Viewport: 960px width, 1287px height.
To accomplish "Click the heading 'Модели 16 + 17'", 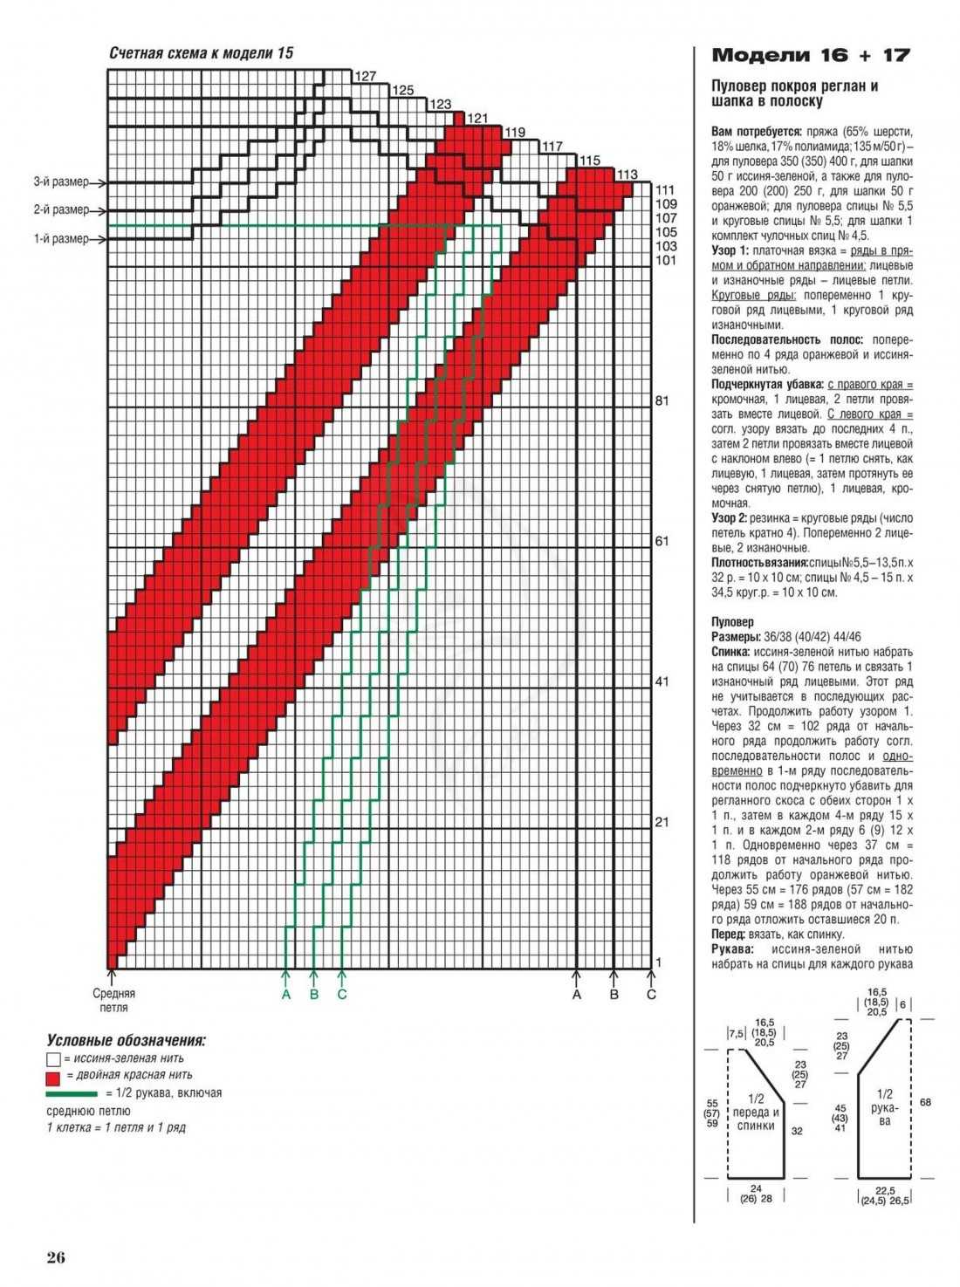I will pos(811,56).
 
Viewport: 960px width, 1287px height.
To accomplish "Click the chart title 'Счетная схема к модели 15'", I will pos(201,53).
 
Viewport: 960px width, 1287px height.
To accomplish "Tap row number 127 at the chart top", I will pos(365,76).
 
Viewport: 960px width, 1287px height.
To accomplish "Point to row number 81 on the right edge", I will pos(662,400).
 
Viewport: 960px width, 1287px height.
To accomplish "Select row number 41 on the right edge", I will pos(662,681).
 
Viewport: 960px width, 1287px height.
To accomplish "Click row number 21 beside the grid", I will pos(662,822).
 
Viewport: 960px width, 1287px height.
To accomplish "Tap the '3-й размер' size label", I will pos(61,182).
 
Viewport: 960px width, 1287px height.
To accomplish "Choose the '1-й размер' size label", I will pos(61,239).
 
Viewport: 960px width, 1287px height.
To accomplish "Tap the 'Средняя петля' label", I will pos(113,1000).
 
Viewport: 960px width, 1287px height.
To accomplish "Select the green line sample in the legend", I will pos(72,1093).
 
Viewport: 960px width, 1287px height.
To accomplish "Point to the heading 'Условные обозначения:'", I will pos(126,1041).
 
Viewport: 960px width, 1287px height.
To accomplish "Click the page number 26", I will pos(56,1257).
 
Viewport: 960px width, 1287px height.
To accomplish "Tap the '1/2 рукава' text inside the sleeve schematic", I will pos(885,1107).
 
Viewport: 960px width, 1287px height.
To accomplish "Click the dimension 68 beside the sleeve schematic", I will pos(925,1102).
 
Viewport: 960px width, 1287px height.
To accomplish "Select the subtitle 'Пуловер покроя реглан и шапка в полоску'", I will pos(794,93).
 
